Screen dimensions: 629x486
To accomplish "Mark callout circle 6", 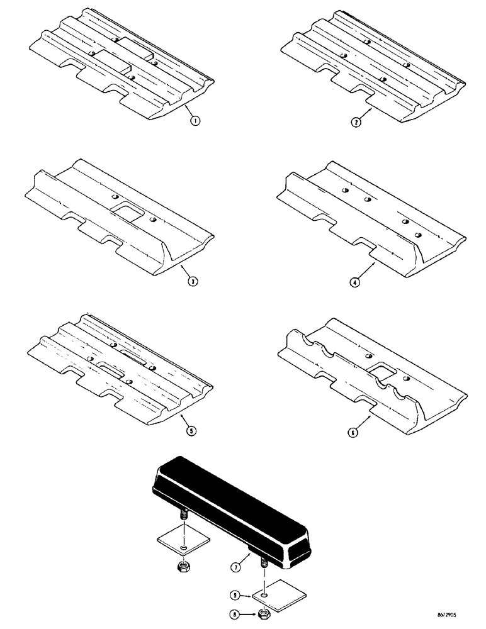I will click(355, 432).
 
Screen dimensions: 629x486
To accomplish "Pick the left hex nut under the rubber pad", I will click(183, 567).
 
